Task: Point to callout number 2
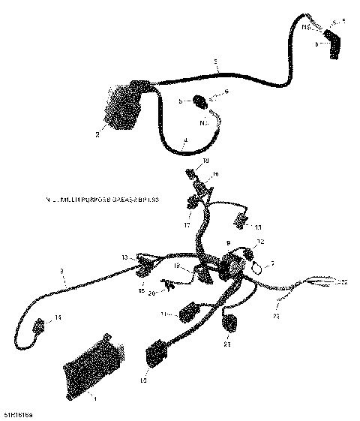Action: (97, 136)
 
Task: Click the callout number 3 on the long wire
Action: (63, 272)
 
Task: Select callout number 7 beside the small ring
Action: (272, 264)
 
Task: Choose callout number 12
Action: (259, 241)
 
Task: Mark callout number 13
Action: (124, 257)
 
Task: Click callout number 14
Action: (58, 319)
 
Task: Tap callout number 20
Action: (152, 293)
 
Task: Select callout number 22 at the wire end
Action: (344, 283)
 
